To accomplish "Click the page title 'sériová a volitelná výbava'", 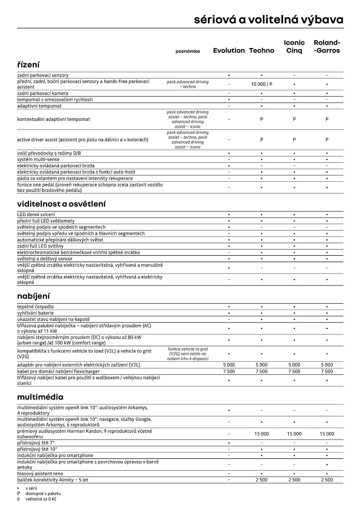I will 269,20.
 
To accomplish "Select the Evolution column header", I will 229,51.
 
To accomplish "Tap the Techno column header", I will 261,51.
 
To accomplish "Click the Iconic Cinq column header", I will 294,47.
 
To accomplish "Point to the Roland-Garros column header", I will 327,47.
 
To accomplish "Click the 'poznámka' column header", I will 188,51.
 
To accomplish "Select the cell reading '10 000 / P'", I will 261,84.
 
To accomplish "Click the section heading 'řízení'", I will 28,65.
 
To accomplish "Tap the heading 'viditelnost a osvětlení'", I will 61,204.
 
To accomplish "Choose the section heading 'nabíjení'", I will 33,296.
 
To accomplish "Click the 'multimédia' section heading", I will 40,397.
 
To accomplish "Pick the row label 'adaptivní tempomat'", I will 39,106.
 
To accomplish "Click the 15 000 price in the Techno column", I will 261,434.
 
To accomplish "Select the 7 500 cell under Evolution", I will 229,371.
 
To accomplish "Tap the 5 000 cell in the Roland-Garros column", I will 327,365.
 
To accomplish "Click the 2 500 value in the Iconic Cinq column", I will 294,480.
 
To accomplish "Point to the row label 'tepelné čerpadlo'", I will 35,307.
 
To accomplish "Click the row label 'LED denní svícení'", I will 36,215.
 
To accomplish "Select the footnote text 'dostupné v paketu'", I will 43,494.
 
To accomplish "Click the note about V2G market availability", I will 188,354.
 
